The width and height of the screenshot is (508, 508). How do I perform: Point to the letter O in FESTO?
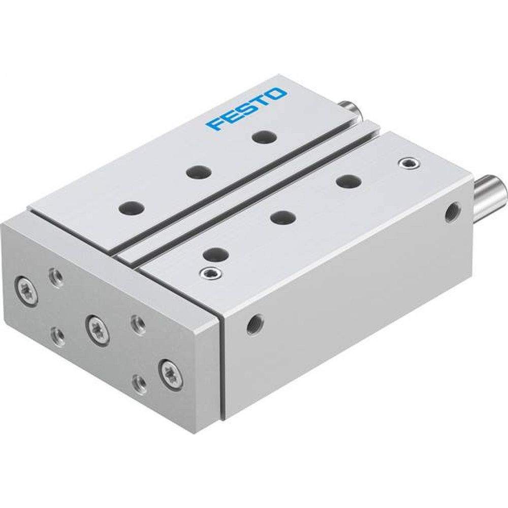[x=277, y=95]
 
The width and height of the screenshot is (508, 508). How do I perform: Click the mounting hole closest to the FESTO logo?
[x=262, y=137]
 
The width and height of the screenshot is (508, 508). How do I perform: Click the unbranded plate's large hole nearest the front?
[x=215, y=253]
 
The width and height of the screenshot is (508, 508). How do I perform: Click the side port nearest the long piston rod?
[x=451, y=211]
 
